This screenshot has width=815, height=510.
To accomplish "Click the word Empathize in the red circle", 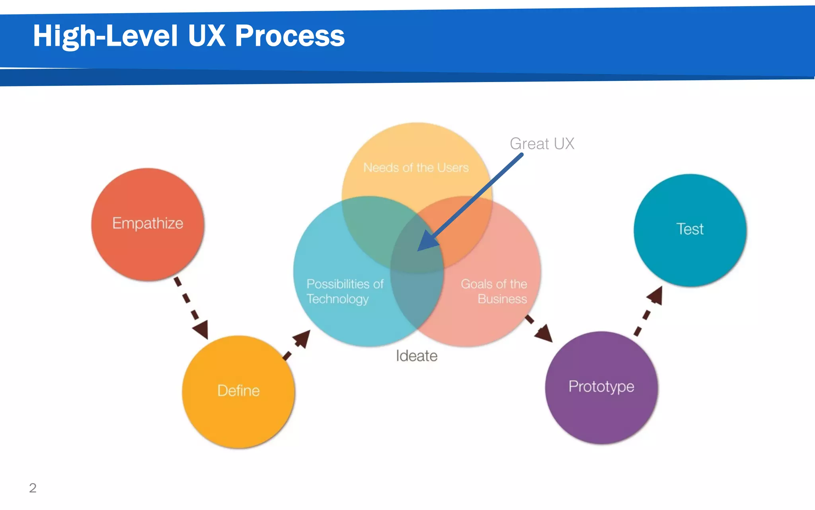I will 148,224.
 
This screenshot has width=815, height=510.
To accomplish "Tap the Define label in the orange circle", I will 238,391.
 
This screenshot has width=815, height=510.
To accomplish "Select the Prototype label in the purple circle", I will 601,386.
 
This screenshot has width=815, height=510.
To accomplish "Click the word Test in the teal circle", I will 690,229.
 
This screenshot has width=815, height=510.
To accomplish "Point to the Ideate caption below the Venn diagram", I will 417,356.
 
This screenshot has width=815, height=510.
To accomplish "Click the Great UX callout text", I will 542,143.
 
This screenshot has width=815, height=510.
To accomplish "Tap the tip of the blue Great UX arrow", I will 419,250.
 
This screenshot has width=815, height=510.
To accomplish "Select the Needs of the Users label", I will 416,168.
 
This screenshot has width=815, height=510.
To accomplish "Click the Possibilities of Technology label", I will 345,291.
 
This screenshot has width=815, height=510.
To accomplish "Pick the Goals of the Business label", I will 494,291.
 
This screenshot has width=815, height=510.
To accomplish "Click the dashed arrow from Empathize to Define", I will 191,308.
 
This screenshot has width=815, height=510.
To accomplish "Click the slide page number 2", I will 33,488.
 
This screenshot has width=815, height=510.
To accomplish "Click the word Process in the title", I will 290,36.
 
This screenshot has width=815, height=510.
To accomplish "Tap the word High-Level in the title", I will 105,36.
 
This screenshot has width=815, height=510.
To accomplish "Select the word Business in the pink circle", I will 502,299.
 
